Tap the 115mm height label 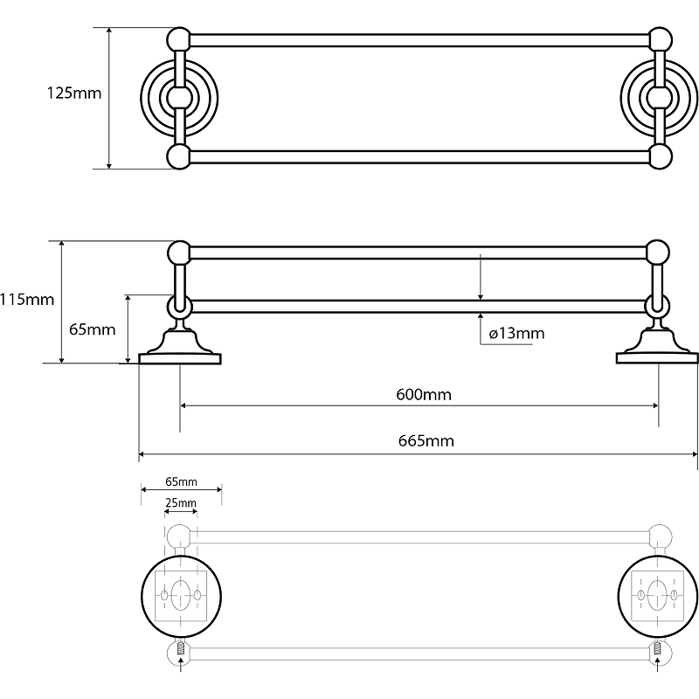[27, 300]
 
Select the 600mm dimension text [420, 394]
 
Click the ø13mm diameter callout [516, 333]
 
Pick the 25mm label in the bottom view [180, 503]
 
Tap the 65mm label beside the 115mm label [92, 329]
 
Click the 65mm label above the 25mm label [181, 482]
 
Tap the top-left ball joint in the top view [179, 40]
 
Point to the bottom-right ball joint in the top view [661, 156]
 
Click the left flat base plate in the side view [181, 356]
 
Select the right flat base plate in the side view [657, 356]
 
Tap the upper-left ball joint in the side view [179, 253]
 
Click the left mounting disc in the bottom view [180, 595]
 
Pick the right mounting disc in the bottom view [657, 595]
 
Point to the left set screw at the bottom [180, 649]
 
